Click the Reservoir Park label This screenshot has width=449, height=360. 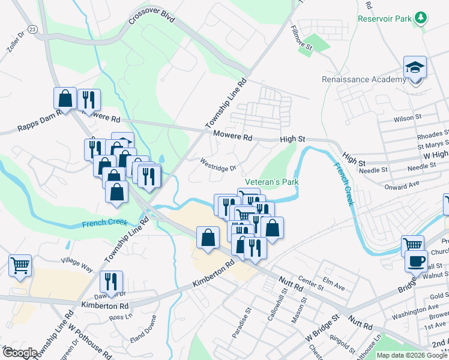pyautogui.click(x=385, y=19)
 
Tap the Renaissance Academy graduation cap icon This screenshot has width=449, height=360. pyautogui.click(x=415, y=67)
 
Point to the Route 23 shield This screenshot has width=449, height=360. pyautogui.click(x=32, y=29)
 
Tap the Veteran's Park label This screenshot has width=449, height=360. pyautogui.click(x=271, y=182)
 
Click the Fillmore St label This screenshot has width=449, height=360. pyautogui.click(x=301, y=38)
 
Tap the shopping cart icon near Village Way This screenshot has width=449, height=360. pyautogui.click(x=20, y=265)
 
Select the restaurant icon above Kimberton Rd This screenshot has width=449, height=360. pyautogui.click(x=111, y=281)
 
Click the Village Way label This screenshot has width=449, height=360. pyautogui.click(x=77, y=265)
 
